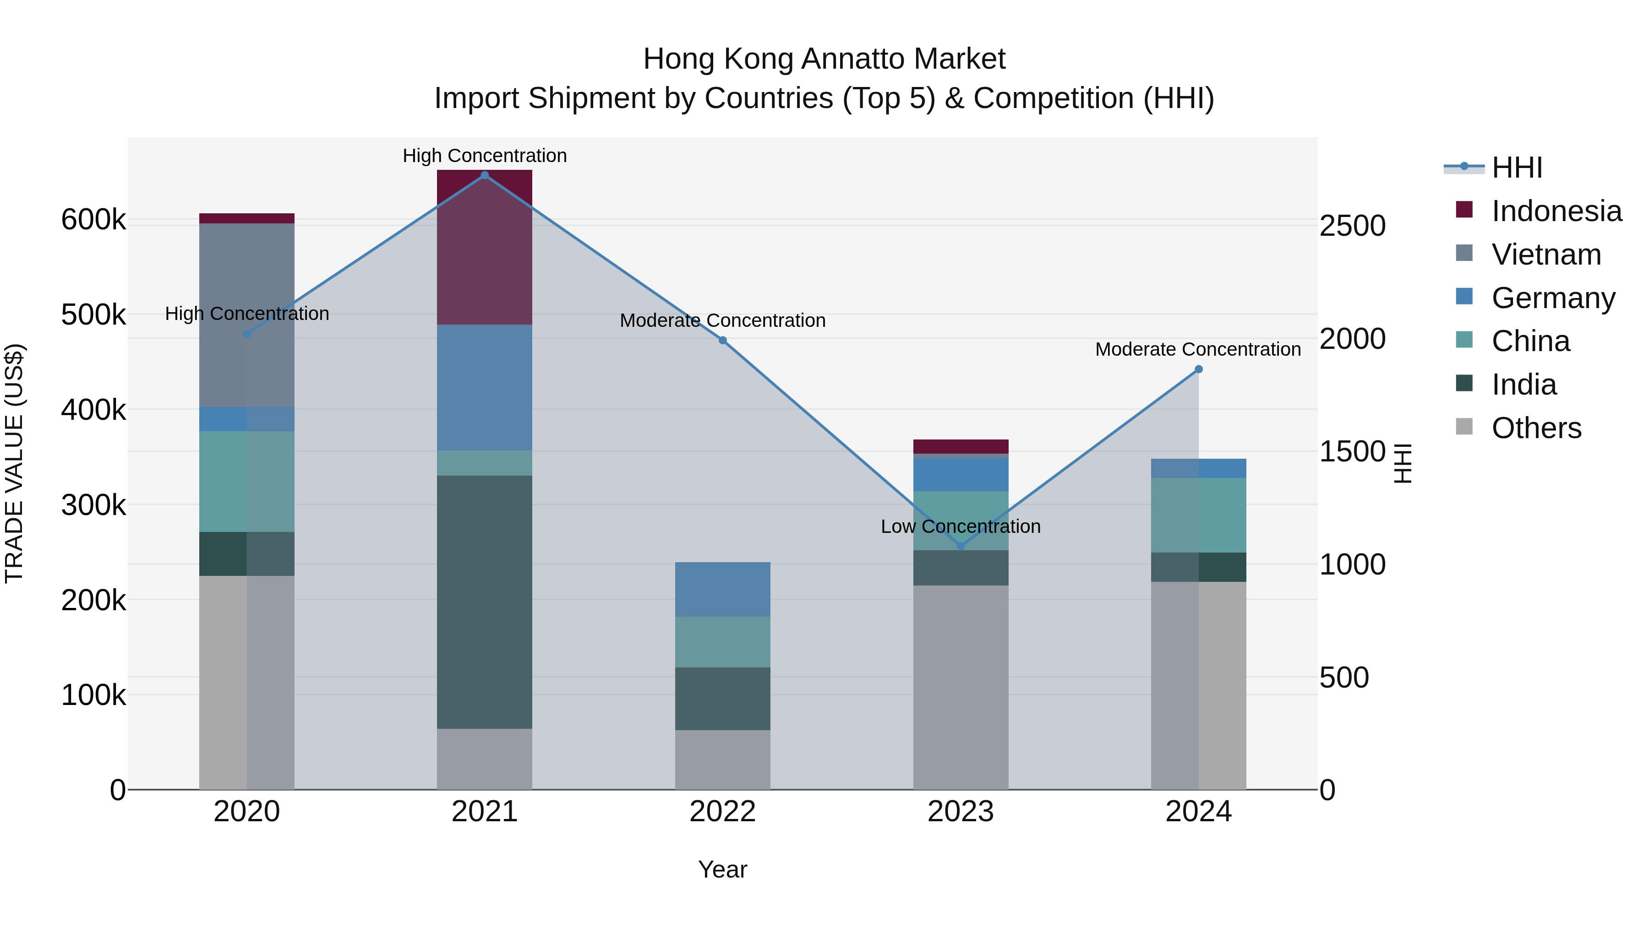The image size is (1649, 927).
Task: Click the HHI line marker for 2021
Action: click(485, 175)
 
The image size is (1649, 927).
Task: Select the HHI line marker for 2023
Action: click(960, 546)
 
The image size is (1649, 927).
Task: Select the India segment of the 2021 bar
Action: click(485, 602)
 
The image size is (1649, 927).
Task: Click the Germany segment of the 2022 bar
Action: click(723, 589)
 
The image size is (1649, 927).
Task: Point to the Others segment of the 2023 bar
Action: click(960, 687)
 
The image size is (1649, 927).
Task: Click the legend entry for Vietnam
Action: click(1545, 254)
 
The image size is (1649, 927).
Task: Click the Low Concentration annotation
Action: click(960, 526)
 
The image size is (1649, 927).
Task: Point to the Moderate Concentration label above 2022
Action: click(723, 320)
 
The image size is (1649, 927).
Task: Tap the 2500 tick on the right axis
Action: click(1352, 226)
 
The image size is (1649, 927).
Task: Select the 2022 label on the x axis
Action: click(723, 811)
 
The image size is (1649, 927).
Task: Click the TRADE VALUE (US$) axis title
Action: click(14, 463)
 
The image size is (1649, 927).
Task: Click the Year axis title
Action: click(723, 869)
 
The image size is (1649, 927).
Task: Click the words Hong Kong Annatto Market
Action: click(824, 59)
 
